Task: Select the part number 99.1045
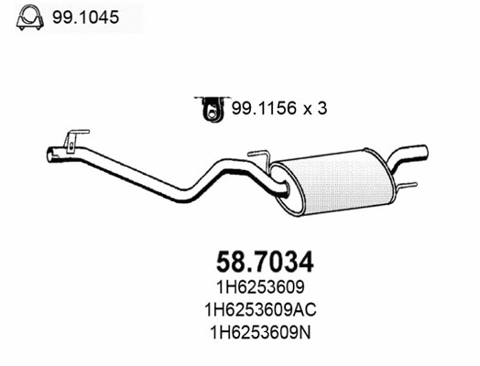[80, 16]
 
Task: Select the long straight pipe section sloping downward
[128, 174]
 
